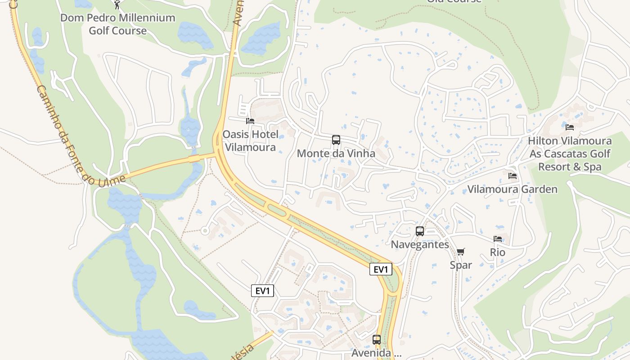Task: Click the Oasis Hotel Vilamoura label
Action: [x=250, y=141]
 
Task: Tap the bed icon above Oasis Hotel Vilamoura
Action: [x=250, y=121]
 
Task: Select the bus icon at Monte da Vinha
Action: [x=336, y=140]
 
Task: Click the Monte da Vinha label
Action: [x=336, y=153]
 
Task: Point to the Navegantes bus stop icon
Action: [x=420, y=231]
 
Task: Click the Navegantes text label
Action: [x=420, y=244]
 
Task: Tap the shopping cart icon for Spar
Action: [x=460, y=252]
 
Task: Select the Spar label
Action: [x=461, y=265]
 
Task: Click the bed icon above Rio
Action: [x=498, y=239]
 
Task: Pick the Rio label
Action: [x=498, y=252]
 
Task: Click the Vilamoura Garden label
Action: [x=512, y=189]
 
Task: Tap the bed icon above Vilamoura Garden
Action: [x=513, y=176]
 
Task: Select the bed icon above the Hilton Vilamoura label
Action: [x=570, y=127]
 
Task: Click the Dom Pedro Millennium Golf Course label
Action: [x=117, y=24]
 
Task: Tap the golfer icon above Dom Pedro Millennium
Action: [x=117, y=4]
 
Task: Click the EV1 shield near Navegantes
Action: [x=381, y=269]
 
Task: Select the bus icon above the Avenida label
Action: [x=377, y=340]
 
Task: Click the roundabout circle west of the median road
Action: [x=205, y=230]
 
